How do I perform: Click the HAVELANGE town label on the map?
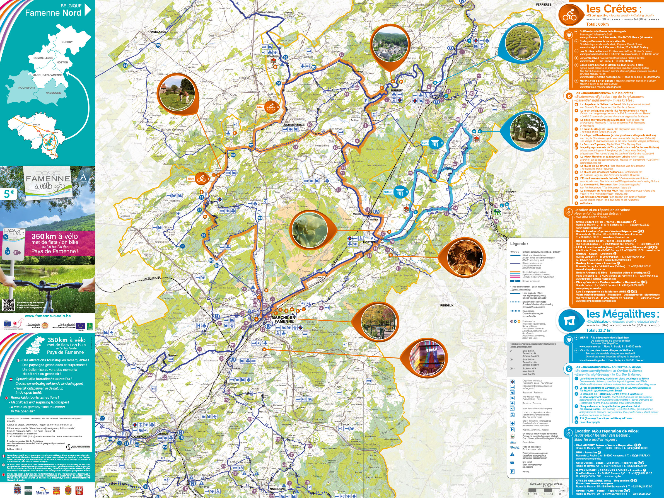[x=158, y=32]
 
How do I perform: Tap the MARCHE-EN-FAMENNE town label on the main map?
[x=284, y=319]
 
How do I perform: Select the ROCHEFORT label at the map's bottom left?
[x=139, y=436]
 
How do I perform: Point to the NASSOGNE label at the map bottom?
[x=277, y=489]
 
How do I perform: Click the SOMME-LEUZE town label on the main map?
[x=294, y=125]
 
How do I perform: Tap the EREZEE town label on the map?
[x=511, y=192]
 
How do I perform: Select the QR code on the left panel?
[x=8, y=305]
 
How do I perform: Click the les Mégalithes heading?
[x=622, y=314]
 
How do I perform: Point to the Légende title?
[x=519, y=243]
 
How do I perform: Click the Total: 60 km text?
[x=597, y=24]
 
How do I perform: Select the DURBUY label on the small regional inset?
[x=67, y=42]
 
